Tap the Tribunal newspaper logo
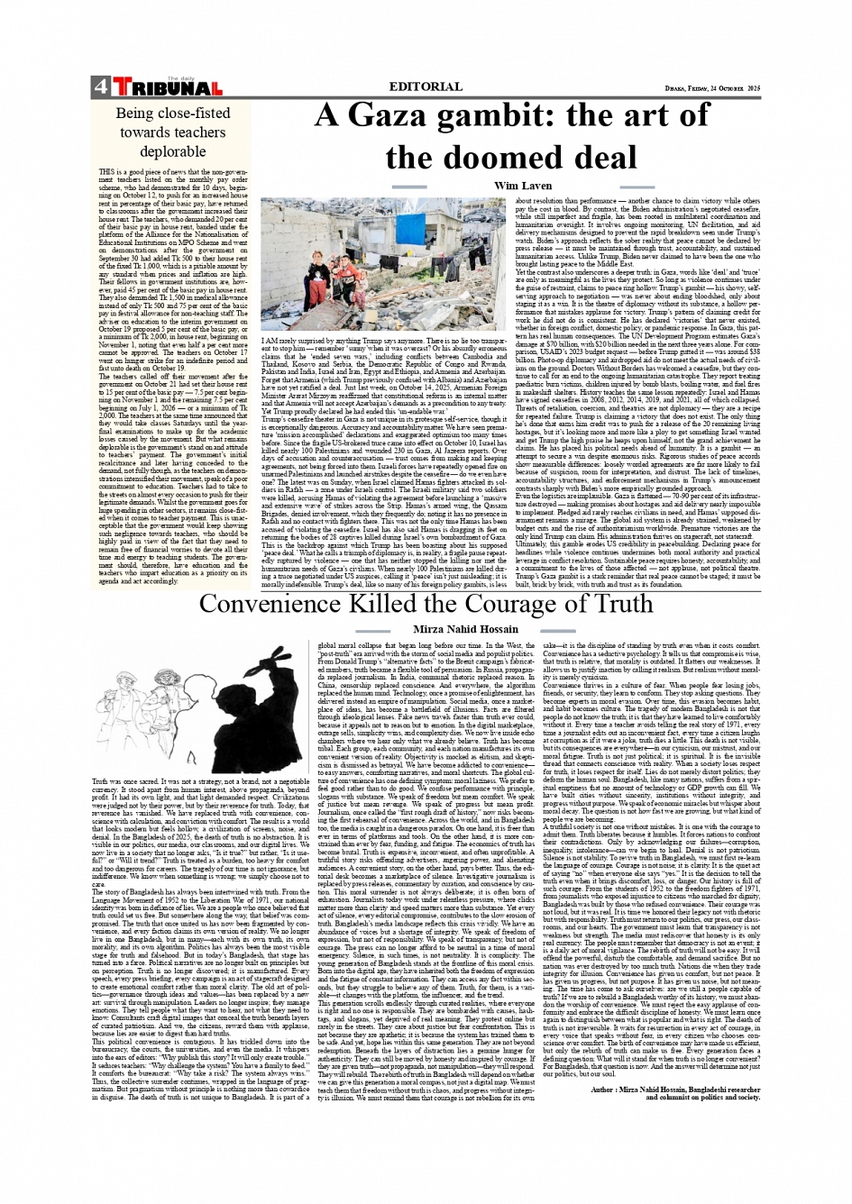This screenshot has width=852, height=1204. pos(168,87)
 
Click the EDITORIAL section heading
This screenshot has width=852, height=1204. pos(426,87)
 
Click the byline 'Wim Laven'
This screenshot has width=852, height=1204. pos(523,186)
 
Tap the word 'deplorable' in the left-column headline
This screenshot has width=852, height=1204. pos(172,151)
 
